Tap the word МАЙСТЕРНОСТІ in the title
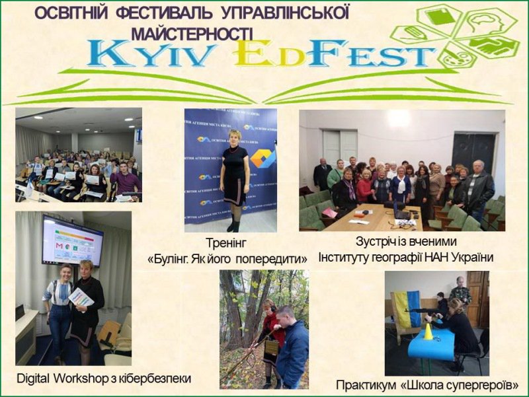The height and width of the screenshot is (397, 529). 192,34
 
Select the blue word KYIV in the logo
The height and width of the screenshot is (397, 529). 152,54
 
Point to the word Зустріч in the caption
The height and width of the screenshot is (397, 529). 373,241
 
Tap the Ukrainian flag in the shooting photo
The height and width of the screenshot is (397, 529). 407,309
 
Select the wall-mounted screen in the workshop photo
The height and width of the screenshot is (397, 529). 72,240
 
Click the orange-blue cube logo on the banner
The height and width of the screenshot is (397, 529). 261,159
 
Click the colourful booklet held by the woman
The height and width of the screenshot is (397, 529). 81,297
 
